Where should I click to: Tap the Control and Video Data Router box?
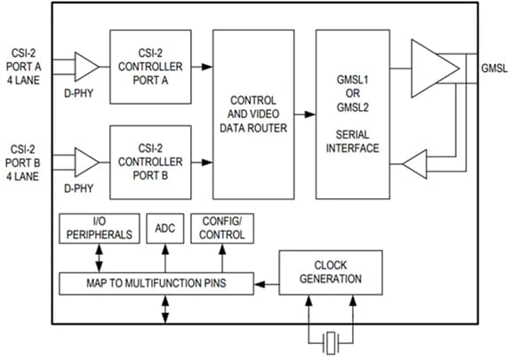coord(253,114)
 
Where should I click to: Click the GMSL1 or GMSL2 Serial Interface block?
coord(357,114)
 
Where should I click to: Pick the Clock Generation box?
coord(331,272)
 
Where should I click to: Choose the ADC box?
coord(164,228)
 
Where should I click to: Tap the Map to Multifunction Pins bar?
coord(156,284)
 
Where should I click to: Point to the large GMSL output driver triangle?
coord(436,67)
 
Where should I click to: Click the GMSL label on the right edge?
coord(493,68)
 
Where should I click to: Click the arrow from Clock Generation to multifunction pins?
coord(267,284)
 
